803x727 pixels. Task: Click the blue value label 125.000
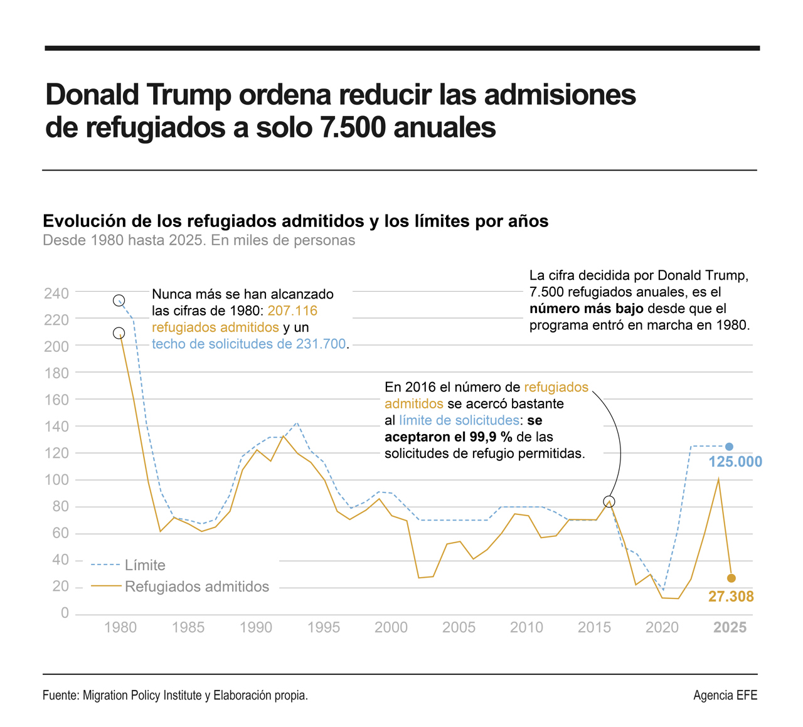(x=735, y=462)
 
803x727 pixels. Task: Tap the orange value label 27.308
(x=731, y=597)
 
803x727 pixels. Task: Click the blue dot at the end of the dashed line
(x=729, y=447)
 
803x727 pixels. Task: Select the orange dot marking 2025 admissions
(x=731, y=578)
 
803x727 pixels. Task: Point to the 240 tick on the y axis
(x=56, y=293)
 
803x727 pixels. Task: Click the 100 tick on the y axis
(x=56, y=480)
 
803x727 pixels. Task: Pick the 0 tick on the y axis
(x=65, y=613)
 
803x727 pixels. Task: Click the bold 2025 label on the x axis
(x=730, y=628)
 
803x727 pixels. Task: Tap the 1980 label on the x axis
(x=120, y=628)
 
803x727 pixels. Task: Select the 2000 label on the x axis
(x=391, y=628)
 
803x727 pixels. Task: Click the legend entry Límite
(x=145, y=565)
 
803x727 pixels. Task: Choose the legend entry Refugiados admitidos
(x=197, y=586)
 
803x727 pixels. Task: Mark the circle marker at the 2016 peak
(x=609, y=502)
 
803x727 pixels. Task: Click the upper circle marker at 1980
(x=119, y=301)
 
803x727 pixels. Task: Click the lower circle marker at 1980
(x=119, y=334)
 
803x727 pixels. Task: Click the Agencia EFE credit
(x=725, y=695)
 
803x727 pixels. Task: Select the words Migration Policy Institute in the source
(x=142, y=695)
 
